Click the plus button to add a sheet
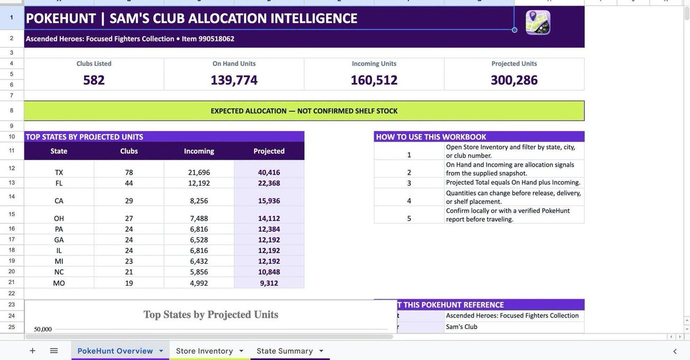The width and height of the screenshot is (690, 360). (32, 350)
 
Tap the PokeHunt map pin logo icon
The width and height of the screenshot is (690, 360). (538, 22)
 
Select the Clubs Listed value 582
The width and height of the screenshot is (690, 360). (94, 80)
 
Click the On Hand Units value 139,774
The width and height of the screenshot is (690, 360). (234, 80)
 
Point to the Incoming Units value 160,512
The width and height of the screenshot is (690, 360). (374, 80)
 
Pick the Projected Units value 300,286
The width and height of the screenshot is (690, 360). (514, 80)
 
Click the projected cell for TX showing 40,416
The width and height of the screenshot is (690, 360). (269, 173)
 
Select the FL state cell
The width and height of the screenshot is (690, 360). (59, 183)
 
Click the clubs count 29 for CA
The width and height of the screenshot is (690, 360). (129, 201)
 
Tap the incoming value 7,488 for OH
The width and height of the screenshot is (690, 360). (199, 219)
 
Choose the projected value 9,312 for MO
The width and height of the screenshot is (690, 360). (269, 283)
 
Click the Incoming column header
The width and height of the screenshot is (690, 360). (199, 151)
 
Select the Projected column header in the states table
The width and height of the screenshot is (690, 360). (269, 151)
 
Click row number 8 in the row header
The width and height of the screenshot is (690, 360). (11, 110)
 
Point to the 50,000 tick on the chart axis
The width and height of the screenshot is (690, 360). (43, 329)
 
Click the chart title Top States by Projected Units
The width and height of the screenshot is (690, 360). (210, 315)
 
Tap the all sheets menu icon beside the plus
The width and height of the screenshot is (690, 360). (54, 350)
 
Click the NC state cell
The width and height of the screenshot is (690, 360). (59, 272)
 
